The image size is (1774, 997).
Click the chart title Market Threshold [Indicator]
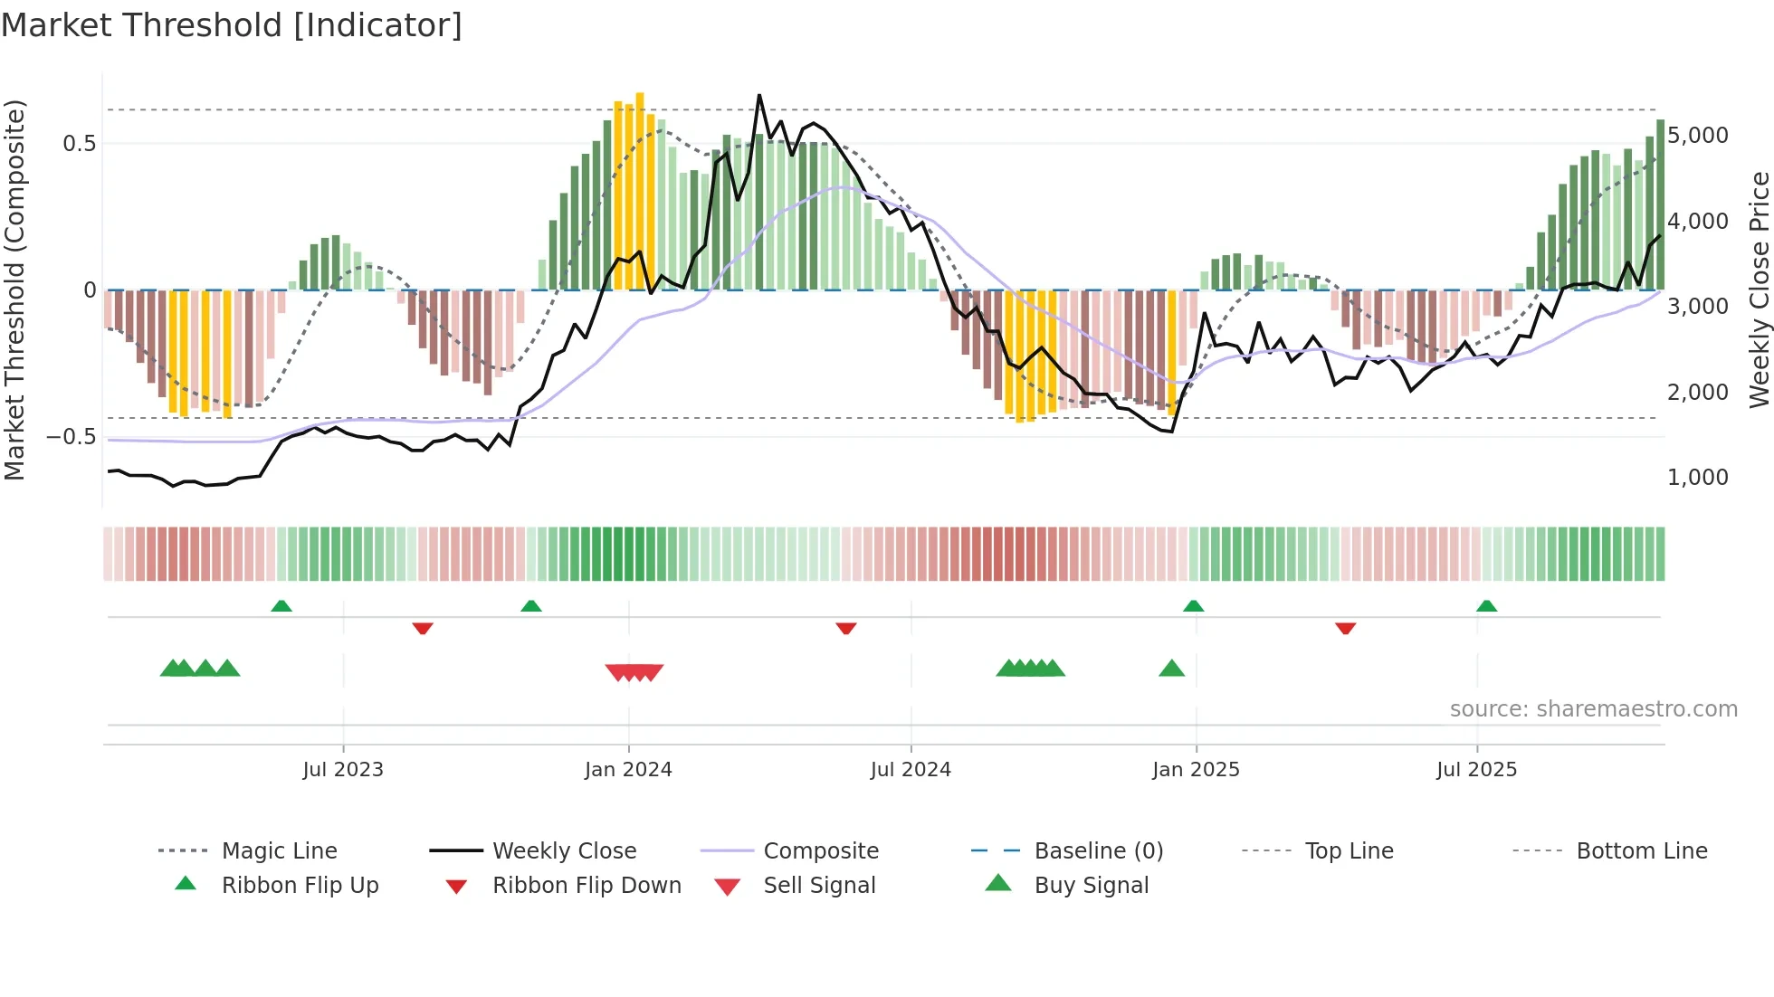tap(232, 25)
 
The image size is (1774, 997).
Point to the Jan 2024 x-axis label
tap(628, 770)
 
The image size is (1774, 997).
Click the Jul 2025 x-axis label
tap(1476, 770)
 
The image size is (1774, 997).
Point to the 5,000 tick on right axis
tap(1697, 136)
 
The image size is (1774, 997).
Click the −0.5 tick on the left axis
tap(71, 437)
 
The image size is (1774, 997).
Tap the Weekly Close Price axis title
tap(1759, 290)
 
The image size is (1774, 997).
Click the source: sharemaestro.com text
tap(1593, 709)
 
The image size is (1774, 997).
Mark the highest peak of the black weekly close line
tap(759, 95)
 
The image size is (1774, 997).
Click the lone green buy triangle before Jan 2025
tap(1171, 669)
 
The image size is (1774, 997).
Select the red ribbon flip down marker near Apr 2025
tap(1345, 628)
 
